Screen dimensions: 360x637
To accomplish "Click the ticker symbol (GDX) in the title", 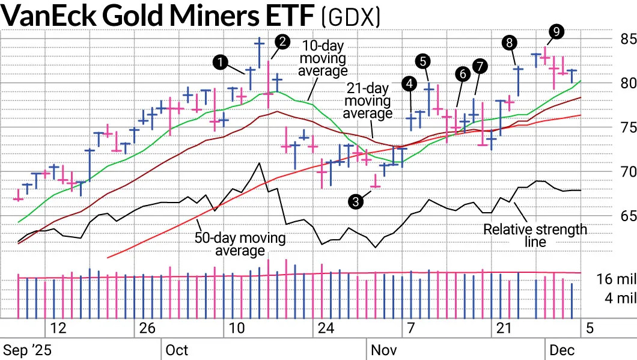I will pyautogui.click(x=352, y=17).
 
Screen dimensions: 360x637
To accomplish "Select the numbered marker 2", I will pyautogui.click(x=282, y=41).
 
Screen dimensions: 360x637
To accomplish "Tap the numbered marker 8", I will pyautogui.click(x=510, y=42).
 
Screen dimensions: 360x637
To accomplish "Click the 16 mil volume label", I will pyautogui.click(x=616, y=279).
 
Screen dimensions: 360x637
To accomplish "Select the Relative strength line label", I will pyautogui.click(x=535, y=235).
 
